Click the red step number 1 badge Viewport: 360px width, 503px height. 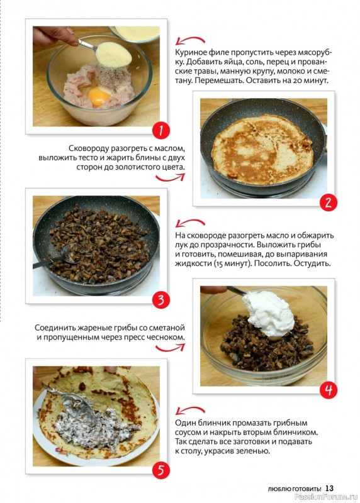click(160, 131)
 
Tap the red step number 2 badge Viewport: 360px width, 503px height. click(328, 202)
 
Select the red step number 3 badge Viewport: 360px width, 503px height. click(160, 301)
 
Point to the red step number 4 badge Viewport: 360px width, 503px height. click(328, 390)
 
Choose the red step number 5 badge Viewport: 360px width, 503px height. click(160, 470)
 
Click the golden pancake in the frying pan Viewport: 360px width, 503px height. click(262, 149)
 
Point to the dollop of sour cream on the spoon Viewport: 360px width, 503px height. click(269, 313)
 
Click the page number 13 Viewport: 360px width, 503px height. click(330, 489)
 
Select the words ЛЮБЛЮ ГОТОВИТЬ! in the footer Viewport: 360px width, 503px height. click(295, 489)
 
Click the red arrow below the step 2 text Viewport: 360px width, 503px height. click(170, 179)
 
